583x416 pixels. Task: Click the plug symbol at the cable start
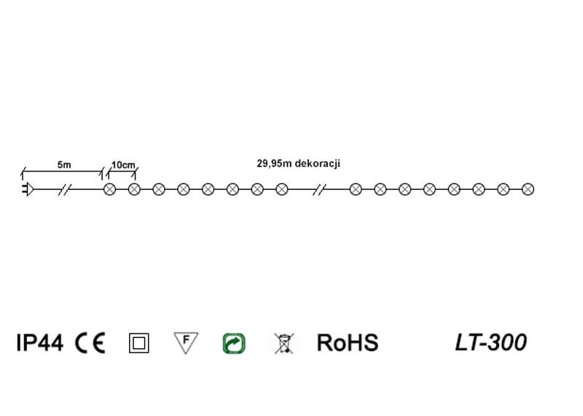pos(27,190)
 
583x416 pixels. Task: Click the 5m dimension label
pos(64,165)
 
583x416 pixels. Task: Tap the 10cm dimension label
pos(122,165)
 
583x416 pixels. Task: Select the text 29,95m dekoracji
pos(298,164)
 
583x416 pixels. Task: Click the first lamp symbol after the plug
pos(110,190)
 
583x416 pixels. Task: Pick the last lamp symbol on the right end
pos(528,190)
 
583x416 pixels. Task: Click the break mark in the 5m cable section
pos(65,190)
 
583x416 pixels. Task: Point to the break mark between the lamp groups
pos(318,190)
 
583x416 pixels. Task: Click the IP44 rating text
pos(39,342)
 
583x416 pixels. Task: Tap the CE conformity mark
pos(90,342)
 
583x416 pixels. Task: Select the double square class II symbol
pos(138,343)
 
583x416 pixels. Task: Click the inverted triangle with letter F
pos(186,342)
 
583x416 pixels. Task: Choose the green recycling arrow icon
pos(234,343)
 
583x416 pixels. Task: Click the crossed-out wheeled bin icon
pos(283,343)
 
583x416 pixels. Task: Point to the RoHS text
pos(348,342)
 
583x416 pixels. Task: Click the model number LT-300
pos(490,342)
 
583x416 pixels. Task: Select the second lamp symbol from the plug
pos(134,190)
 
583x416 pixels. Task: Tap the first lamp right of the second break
pos(356,190)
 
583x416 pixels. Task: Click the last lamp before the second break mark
pos(281,190)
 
